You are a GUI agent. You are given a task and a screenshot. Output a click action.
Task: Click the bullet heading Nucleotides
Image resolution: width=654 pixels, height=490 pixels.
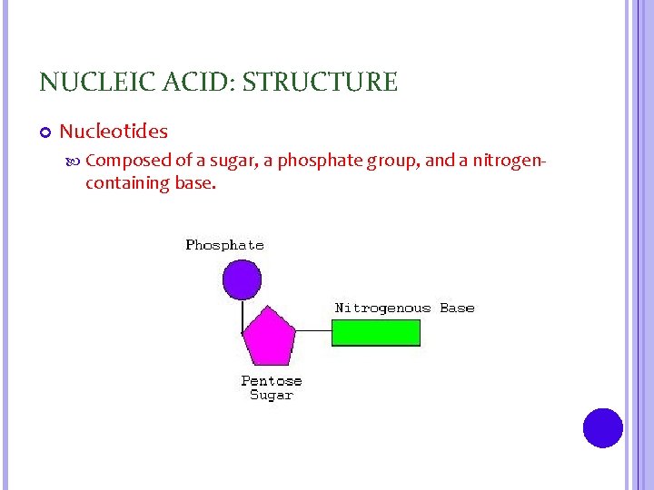point(114,132)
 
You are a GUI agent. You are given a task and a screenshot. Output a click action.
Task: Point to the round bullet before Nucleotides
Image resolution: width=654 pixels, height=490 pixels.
point(45,132)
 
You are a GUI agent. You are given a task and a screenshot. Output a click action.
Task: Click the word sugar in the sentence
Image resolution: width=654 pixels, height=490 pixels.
point(231,162)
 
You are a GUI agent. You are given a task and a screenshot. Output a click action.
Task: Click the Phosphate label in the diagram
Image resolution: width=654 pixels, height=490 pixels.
point(224,245)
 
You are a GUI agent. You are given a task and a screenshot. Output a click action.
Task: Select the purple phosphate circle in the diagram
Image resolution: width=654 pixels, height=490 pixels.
point(242,279)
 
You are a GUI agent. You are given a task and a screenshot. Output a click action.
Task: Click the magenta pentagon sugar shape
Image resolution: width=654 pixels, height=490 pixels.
point(270,335)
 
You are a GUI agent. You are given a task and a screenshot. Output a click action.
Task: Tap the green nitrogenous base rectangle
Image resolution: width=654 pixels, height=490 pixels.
point(376,333)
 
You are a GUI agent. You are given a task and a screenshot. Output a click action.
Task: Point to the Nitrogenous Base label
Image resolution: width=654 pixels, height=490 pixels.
point(404,308)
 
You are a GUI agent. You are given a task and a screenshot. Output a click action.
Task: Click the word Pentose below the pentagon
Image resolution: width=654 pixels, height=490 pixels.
point(271,381)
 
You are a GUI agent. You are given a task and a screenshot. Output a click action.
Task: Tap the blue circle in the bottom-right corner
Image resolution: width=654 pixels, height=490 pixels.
point(602,427)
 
